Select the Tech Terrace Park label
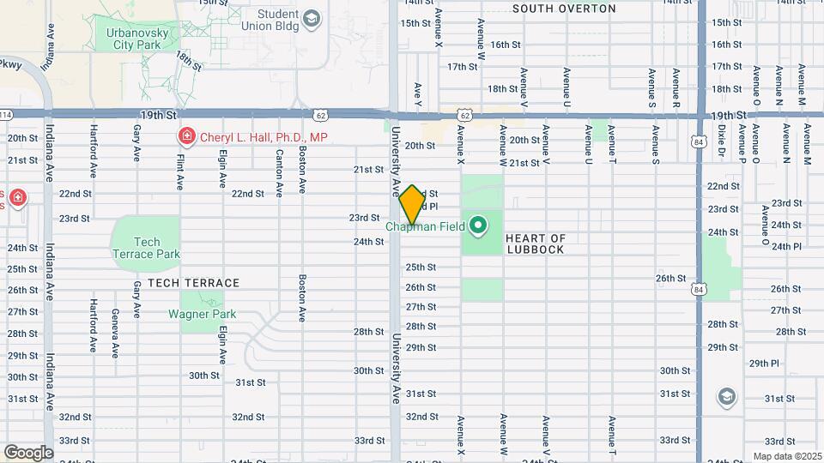(x=147, y=248)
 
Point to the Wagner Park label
(x=202, y=315)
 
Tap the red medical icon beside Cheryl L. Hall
(x=185, y=135)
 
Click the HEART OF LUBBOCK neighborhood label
(x=535, y=244)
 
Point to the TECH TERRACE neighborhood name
(x=193, y=282)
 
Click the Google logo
(x=28, y=452)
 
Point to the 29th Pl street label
(x=763, y=364)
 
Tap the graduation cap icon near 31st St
(x=727, y=395)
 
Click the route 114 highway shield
(x=5, y=114)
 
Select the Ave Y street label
(x=418, y=95)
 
